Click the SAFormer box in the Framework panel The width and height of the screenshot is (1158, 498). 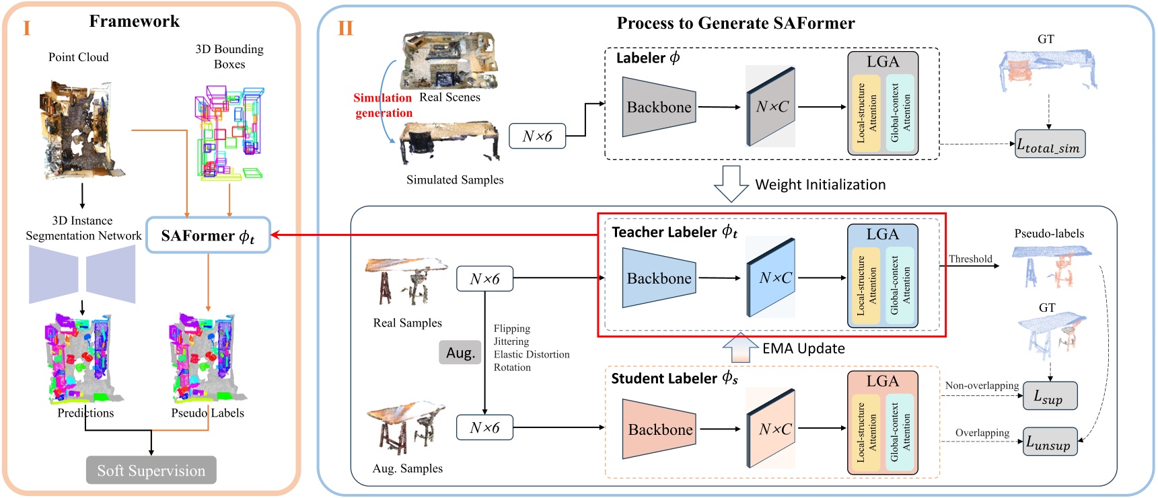coord(208,235)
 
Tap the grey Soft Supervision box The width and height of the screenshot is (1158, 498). coord(151,470)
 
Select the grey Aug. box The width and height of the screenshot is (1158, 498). coord(460,353)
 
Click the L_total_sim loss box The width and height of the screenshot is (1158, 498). coord(1049,144)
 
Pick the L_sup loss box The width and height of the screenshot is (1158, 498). coord(1049,396)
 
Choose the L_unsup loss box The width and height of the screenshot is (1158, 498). coord(1049,442)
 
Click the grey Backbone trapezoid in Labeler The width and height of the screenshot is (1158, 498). coord(658,107)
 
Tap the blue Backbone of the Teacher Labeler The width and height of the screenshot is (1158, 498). coord(658,278)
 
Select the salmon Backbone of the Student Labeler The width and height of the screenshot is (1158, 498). coord(658,429)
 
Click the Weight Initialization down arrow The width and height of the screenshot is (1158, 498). coord(731,183)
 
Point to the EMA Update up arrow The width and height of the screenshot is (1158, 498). coord(739,347)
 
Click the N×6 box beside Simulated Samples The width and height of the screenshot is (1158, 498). coord(537,136)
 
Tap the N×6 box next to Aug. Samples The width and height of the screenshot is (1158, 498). coord(484,427)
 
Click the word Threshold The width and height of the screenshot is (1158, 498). coord(970,259)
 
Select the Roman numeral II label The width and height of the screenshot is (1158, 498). coord(345,28)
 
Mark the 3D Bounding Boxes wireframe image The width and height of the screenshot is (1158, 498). coord(231,132)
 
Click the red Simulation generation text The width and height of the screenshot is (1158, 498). coord(383,106)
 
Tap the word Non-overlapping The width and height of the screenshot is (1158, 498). coord(982,385)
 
